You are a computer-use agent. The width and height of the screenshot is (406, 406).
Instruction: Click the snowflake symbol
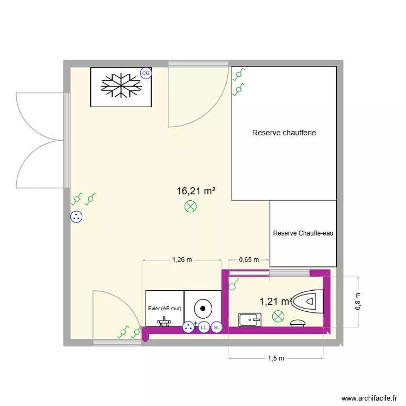click(x=121, y=87)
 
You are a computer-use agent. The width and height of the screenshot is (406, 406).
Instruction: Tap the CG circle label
click(x=146, y=73)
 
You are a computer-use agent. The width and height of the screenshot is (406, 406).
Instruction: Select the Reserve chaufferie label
click(x=284, y=133)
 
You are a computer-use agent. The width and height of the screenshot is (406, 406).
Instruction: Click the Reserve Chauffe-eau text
click(x=303, y=234)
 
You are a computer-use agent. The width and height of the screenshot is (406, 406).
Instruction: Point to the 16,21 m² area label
click(x=196, y=191)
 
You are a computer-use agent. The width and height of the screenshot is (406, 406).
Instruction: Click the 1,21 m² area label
click(x=275, y=302)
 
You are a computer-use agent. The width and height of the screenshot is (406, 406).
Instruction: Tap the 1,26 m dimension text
click(x=182, y=260)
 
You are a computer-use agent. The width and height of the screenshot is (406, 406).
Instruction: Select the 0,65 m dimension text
click(x=249, y=260)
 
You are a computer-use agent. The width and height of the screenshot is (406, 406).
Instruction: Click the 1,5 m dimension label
click(x=276, y=358)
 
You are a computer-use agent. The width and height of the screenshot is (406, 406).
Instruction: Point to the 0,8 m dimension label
click(x=358, y=302)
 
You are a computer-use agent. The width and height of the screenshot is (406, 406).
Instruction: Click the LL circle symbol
click(x=204, y=328)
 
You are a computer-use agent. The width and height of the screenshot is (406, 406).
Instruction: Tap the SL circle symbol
click(x=217, y=328)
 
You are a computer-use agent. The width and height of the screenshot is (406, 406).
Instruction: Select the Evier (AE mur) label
click(x=165, y=309)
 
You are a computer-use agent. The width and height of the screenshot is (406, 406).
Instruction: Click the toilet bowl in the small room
click(x=307, y=301)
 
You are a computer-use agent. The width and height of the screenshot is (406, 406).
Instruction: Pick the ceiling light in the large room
click(x=191, y=206)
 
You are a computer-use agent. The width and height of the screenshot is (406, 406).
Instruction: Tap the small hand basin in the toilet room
click(x=250, y=320)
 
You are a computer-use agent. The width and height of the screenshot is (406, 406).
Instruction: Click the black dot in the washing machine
click(x=202, y=308)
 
